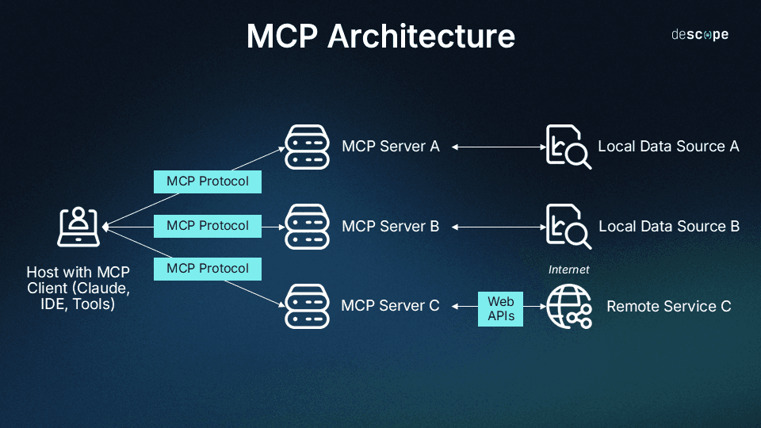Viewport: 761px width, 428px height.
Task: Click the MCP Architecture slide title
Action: [x=380, y=36]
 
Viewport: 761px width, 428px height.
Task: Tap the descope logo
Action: [x=699, y=35]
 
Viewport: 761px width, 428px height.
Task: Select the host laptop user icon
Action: [x=78, y=227]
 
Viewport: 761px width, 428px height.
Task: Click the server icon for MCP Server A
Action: [x=307, y=147]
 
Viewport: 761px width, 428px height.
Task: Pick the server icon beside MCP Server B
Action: [x=307, y=226]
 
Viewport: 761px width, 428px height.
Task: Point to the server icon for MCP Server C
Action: [x=307, y=306]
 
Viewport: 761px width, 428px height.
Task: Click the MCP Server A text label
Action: [x=390, y=147]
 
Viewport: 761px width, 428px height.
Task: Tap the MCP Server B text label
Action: [x=390, y=227]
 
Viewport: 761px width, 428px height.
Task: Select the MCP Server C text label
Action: [x=390, y=306]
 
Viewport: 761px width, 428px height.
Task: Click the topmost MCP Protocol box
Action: [x=208, y=182]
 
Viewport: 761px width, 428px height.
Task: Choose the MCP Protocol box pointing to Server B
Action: [x=208, y=226]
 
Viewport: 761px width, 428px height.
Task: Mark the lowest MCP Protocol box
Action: [x=208, y=269]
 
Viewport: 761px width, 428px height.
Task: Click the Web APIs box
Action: [x=501, y=309]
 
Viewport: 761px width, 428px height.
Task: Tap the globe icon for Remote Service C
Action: [x=568, y=306]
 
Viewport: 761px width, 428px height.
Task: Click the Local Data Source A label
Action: [x=668, y=147]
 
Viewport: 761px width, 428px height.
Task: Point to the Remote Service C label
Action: [x=668, y=306]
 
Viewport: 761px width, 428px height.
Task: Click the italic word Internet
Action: [x=569, y=270]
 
